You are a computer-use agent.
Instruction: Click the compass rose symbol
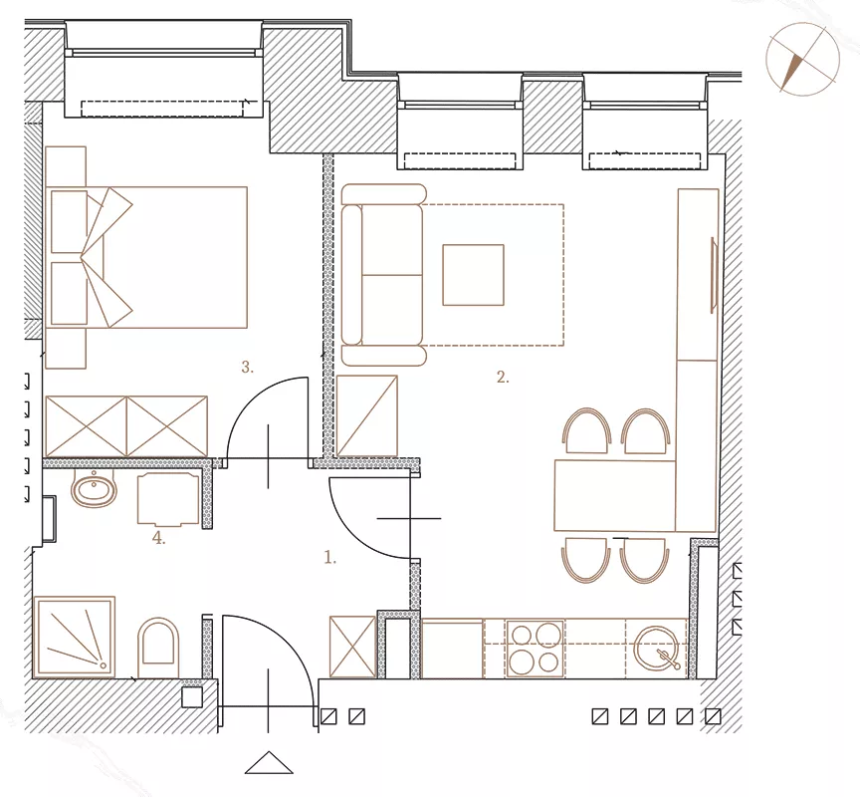coord(802,59)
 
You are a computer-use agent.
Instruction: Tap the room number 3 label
coord(248,367)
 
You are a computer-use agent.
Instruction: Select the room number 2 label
coord(503,378)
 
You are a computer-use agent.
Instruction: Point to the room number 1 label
coord(329,558)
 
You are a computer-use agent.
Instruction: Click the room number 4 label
coord(158,538)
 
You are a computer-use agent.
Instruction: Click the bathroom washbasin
coord(94,488)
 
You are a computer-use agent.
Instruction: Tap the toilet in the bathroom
coord(158,648)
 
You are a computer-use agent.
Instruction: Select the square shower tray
coord(74,638)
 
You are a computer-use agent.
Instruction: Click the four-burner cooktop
coord(536,649)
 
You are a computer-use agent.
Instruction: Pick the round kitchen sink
coord(657,649)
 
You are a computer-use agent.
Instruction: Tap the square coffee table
coord(474,275)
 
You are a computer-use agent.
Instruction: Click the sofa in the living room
coord(383,275)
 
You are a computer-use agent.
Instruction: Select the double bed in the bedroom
coord(146,257)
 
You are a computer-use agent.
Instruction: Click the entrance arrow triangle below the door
coord(269,762)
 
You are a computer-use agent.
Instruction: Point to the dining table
coord(615,496)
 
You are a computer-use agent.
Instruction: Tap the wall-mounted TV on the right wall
coord(714,275)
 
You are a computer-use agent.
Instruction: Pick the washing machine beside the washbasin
coord(168,499)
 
